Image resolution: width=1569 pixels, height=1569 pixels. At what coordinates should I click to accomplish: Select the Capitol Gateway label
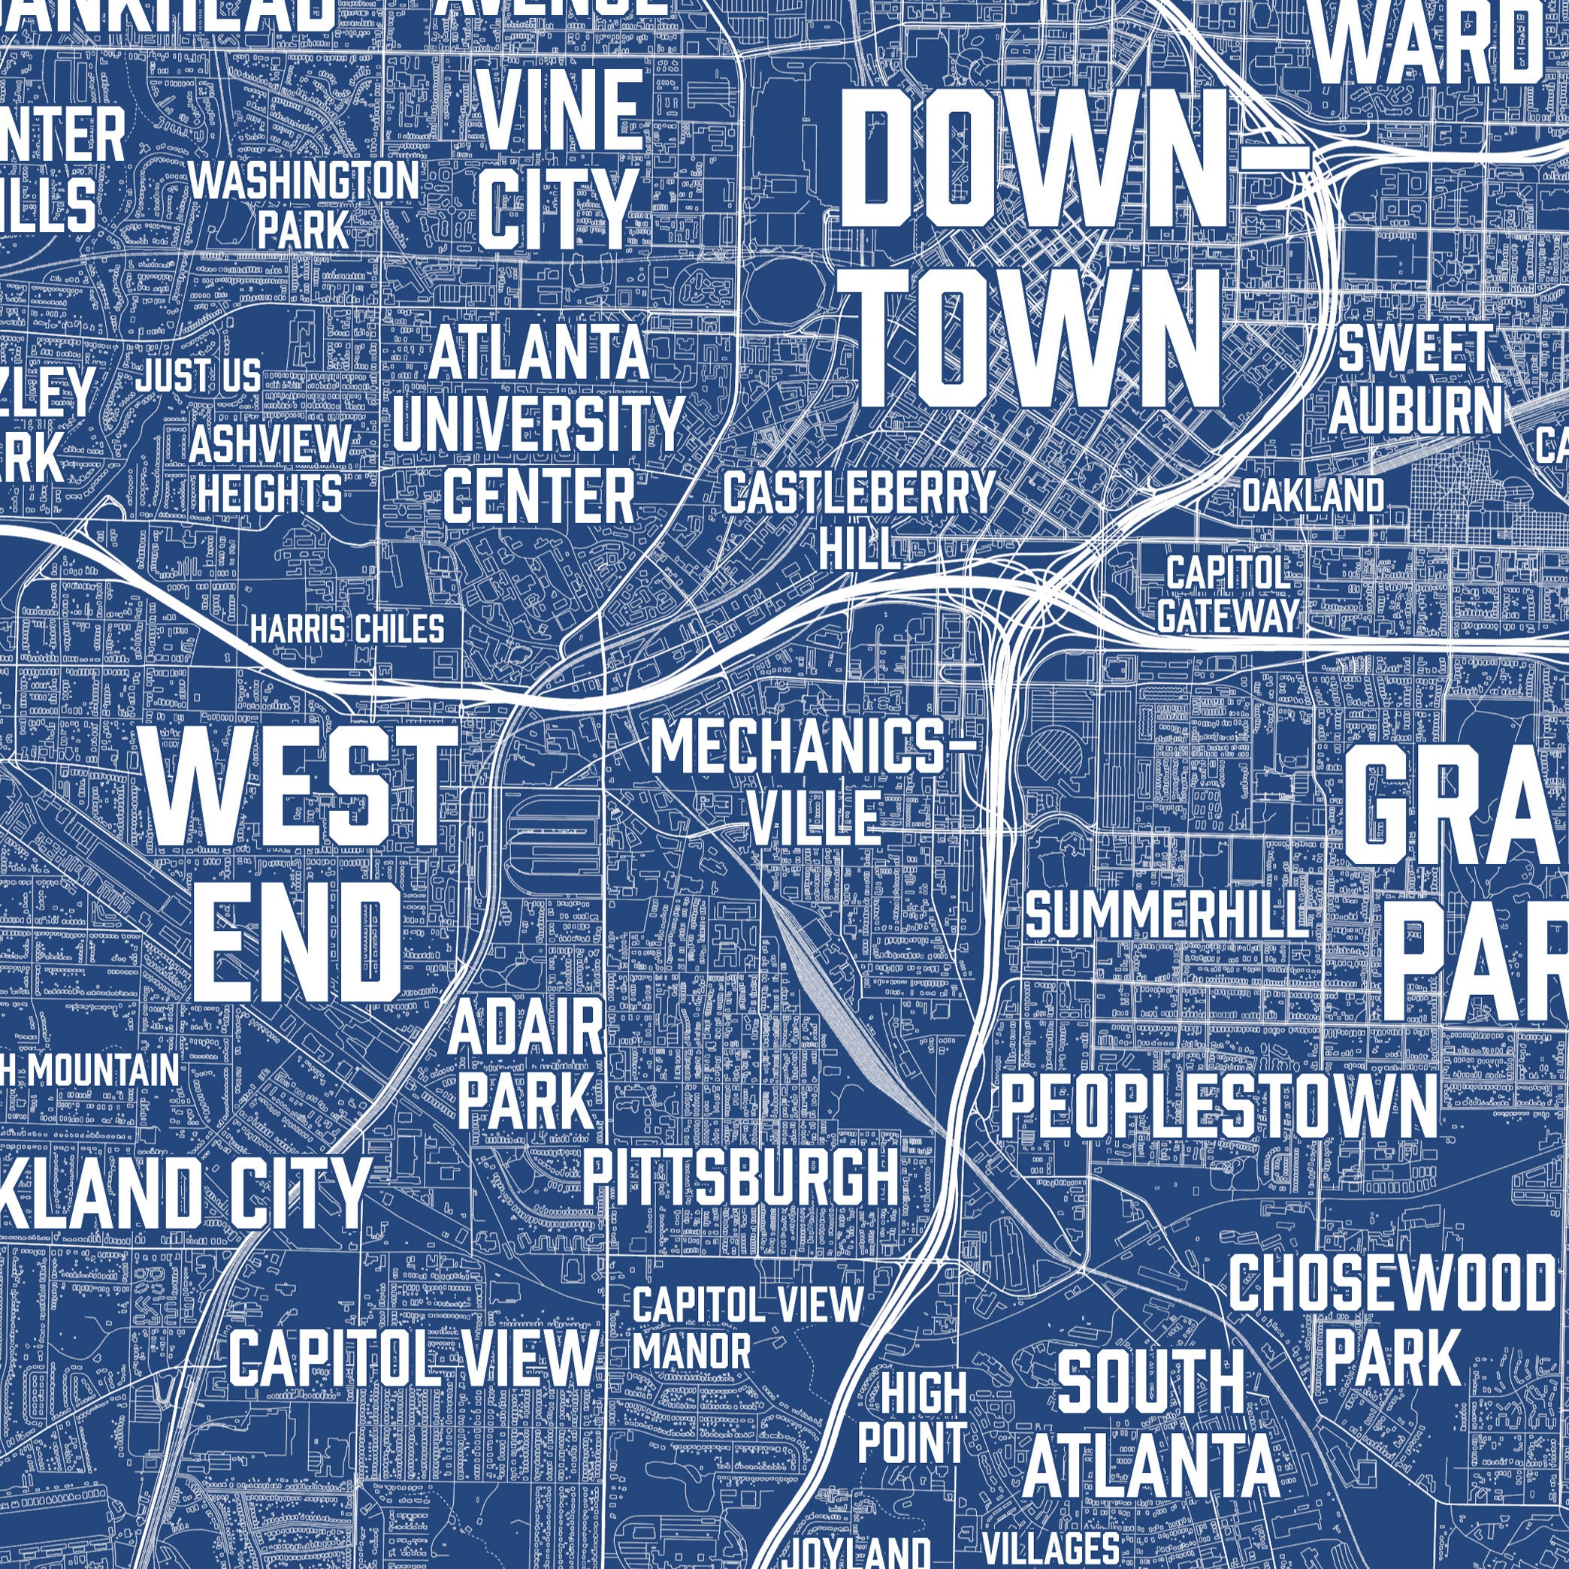point(1228,594)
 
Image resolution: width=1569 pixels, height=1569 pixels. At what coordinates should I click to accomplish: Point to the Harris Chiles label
point(348,628)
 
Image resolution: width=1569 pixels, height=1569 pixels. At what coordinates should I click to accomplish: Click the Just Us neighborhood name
point(198,376)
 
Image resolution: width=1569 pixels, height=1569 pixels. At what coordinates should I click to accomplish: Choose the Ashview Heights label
point(270,470)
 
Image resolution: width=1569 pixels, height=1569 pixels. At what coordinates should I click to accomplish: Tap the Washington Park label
point(304,203)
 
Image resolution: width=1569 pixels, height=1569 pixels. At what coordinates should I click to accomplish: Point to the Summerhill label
point(1166,914)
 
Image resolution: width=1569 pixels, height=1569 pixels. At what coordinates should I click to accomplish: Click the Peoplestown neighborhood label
point(1218,1107)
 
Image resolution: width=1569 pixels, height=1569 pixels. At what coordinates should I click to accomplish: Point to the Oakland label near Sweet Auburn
point(1312,494)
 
